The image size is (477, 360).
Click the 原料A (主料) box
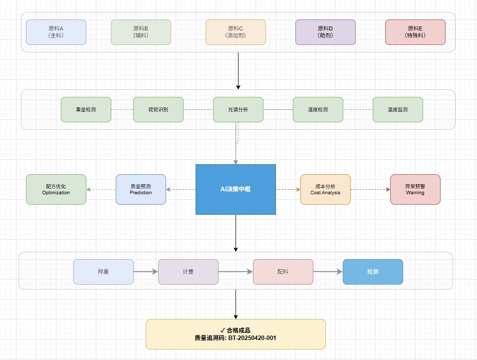56,32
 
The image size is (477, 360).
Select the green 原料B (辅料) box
141,32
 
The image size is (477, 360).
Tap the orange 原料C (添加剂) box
236,32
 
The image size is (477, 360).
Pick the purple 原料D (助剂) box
325,32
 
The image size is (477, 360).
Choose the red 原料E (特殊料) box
415,32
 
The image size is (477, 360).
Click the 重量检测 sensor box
86,109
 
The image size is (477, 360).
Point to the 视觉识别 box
158,109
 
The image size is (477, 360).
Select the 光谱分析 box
238,109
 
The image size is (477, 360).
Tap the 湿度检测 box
318,109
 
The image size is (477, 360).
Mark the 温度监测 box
398,109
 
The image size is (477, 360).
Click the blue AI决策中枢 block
236,189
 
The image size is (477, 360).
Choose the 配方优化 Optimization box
56,189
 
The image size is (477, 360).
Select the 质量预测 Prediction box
141,189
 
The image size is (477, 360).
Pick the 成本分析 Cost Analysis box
325,189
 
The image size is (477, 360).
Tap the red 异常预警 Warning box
415,189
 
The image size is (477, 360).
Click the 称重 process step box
103,272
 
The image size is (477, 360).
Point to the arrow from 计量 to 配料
236,272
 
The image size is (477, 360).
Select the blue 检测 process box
373,272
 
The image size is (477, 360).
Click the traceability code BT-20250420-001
252,338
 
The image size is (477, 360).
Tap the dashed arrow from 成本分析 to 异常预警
370,189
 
